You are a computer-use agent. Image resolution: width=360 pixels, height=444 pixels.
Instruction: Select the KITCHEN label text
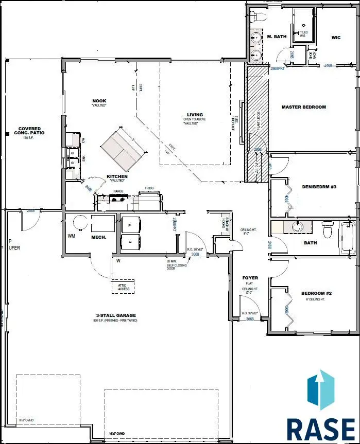117,176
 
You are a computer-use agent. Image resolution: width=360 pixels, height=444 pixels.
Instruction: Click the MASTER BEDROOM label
303,107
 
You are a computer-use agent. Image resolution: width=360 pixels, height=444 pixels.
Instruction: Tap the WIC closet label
336,37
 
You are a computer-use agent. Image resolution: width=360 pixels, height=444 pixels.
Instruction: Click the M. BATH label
277,37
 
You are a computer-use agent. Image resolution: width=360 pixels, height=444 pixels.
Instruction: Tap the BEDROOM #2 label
316,294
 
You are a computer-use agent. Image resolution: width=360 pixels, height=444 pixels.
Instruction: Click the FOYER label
250,278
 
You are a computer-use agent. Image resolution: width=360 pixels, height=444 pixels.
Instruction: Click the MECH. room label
98,238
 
